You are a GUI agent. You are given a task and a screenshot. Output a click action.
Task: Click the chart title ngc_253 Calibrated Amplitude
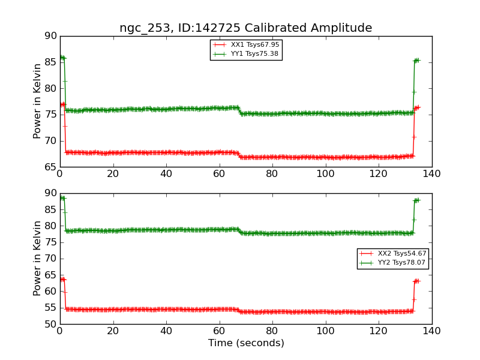[245, 28]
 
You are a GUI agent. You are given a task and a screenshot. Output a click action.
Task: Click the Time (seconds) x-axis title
[246, 343]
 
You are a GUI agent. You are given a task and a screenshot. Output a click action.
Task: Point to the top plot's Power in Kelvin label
[38, 101]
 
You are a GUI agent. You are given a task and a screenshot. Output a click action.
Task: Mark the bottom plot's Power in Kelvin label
[38, 259]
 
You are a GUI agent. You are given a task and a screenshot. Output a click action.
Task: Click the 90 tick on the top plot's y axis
[50, 36]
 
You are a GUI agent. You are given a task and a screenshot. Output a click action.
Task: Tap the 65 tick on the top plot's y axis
[50, 167]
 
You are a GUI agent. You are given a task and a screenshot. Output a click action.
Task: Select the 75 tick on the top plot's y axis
[50, 115]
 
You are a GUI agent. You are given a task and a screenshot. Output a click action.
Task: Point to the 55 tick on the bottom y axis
[50, 308]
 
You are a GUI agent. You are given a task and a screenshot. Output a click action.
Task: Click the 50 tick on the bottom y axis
[50, 324]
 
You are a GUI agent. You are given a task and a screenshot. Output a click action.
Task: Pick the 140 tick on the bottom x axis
[431, 331]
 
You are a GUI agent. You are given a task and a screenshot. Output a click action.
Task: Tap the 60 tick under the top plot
[219, 173]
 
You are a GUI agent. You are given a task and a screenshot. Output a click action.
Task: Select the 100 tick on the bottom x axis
[325, 331]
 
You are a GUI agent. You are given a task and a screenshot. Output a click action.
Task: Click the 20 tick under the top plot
[113, 173]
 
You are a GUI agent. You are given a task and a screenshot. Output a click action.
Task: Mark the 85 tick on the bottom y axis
[50, 210]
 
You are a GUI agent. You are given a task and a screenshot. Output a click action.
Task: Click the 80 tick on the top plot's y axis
[50, 88]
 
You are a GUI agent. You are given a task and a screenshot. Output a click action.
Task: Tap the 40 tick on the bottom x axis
[166, 331]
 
